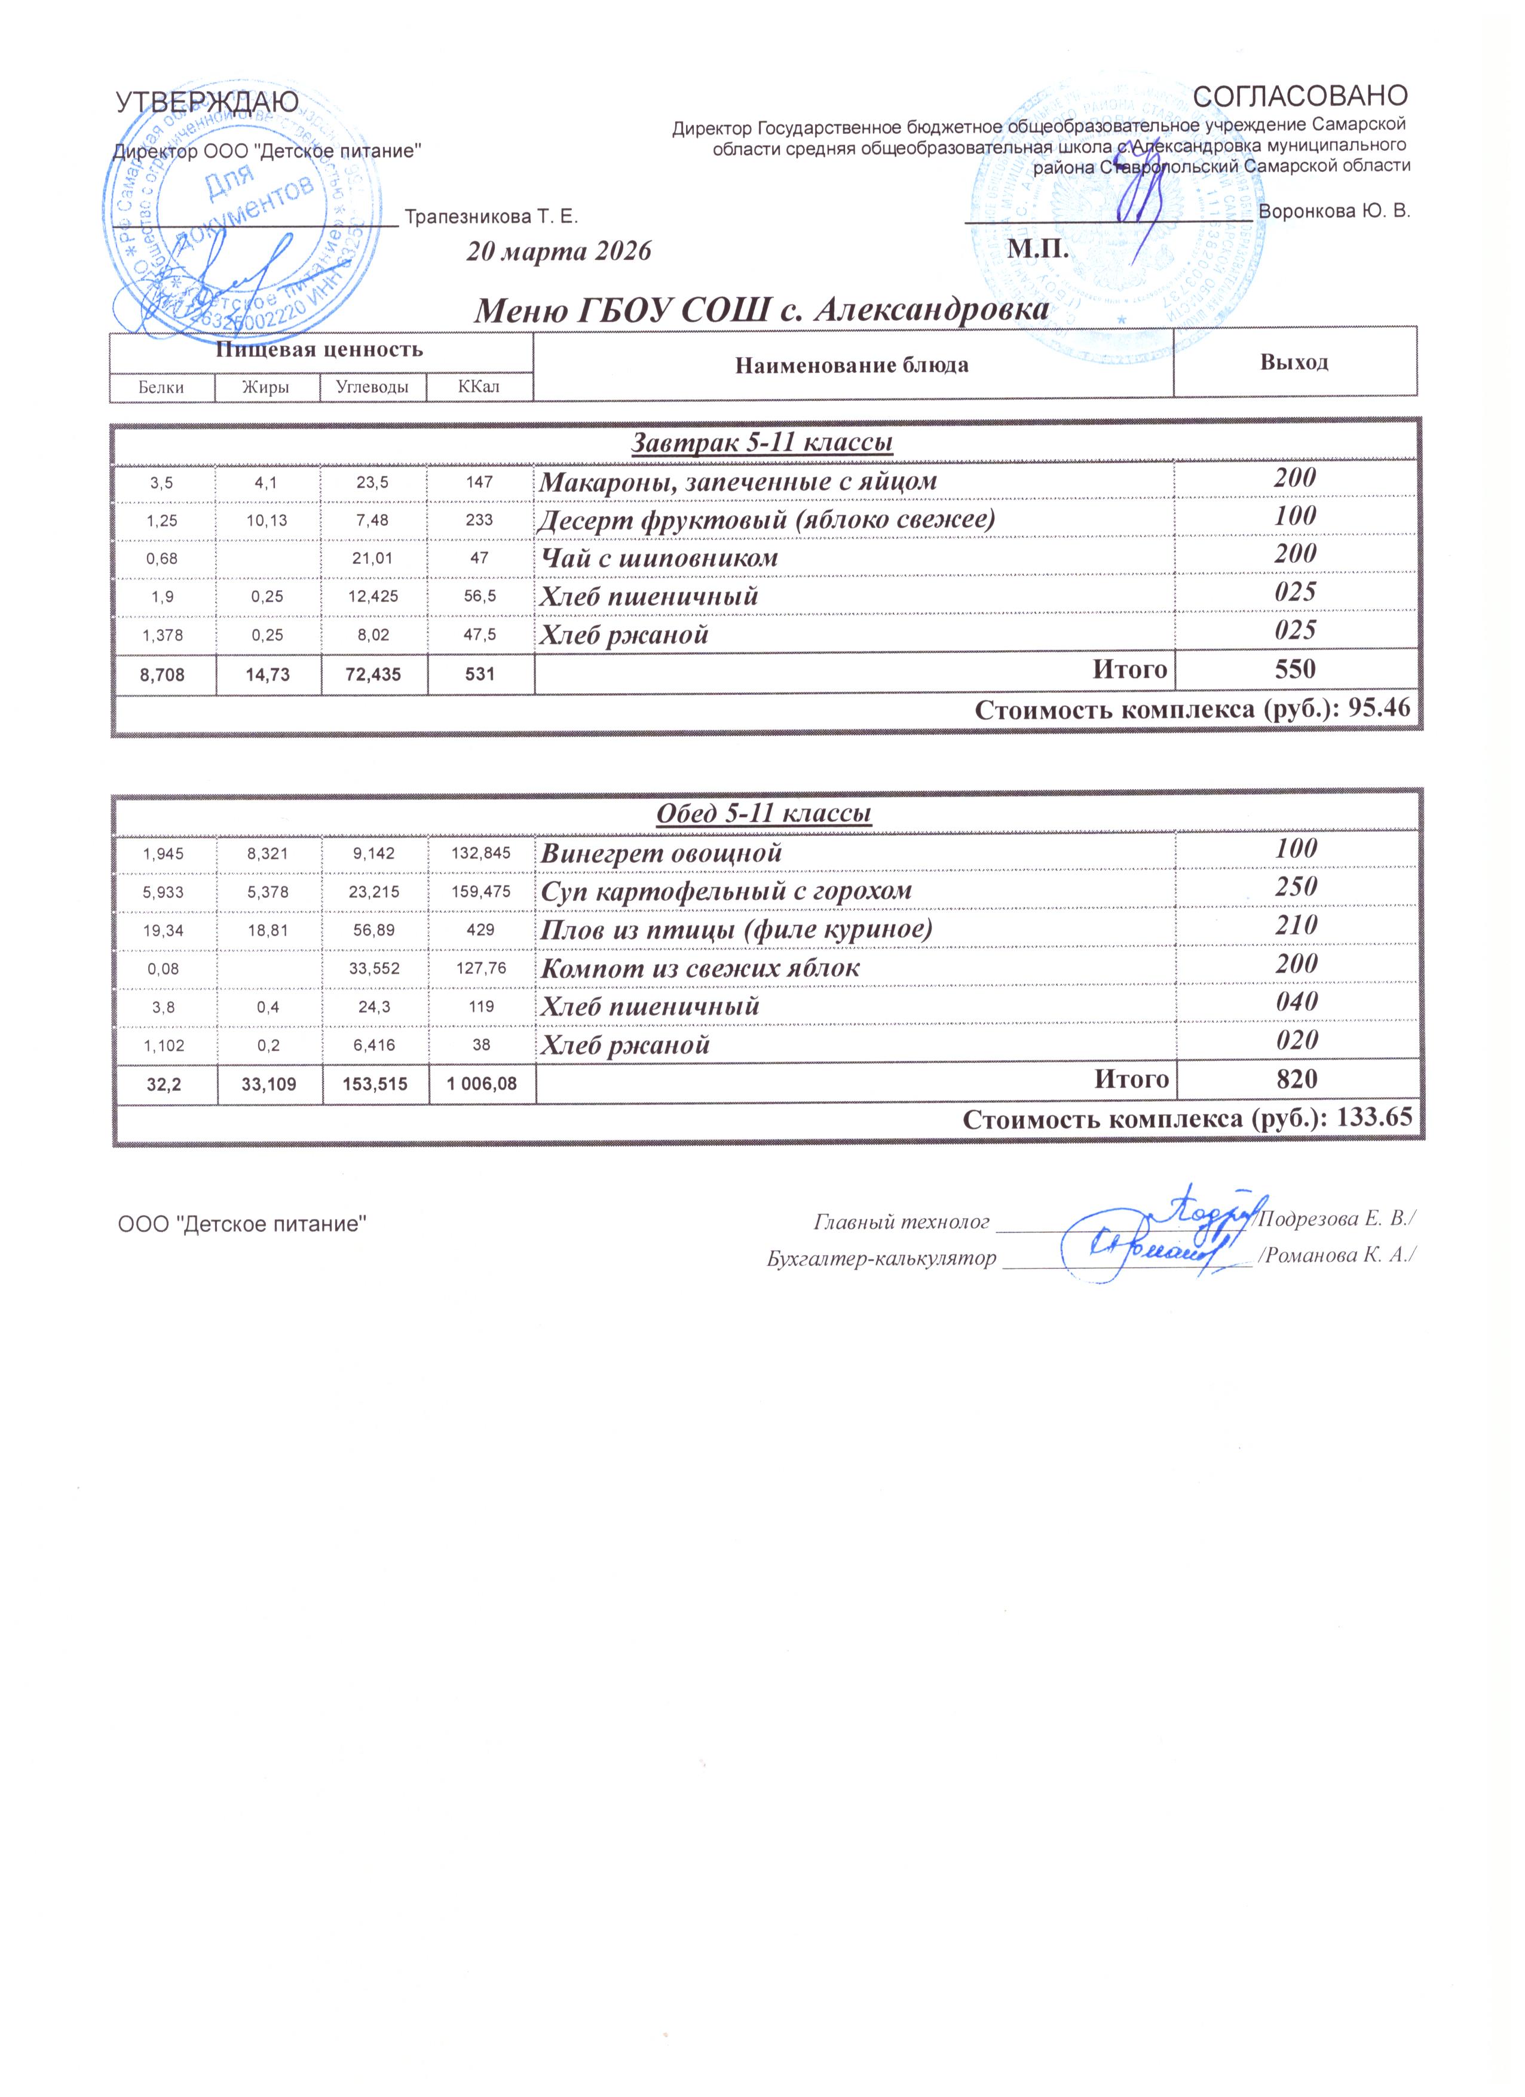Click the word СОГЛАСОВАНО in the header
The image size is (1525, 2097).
click(1300, 95)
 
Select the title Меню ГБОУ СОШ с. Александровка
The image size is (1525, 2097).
click(761, 311)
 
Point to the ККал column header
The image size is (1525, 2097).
click(479, 387)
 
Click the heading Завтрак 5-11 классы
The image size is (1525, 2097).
click(762, 443)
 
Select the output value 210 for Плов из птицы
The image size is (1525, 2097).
click(1295, 925)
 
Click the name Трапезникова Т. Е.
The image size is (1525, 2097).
click(491, 217)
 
